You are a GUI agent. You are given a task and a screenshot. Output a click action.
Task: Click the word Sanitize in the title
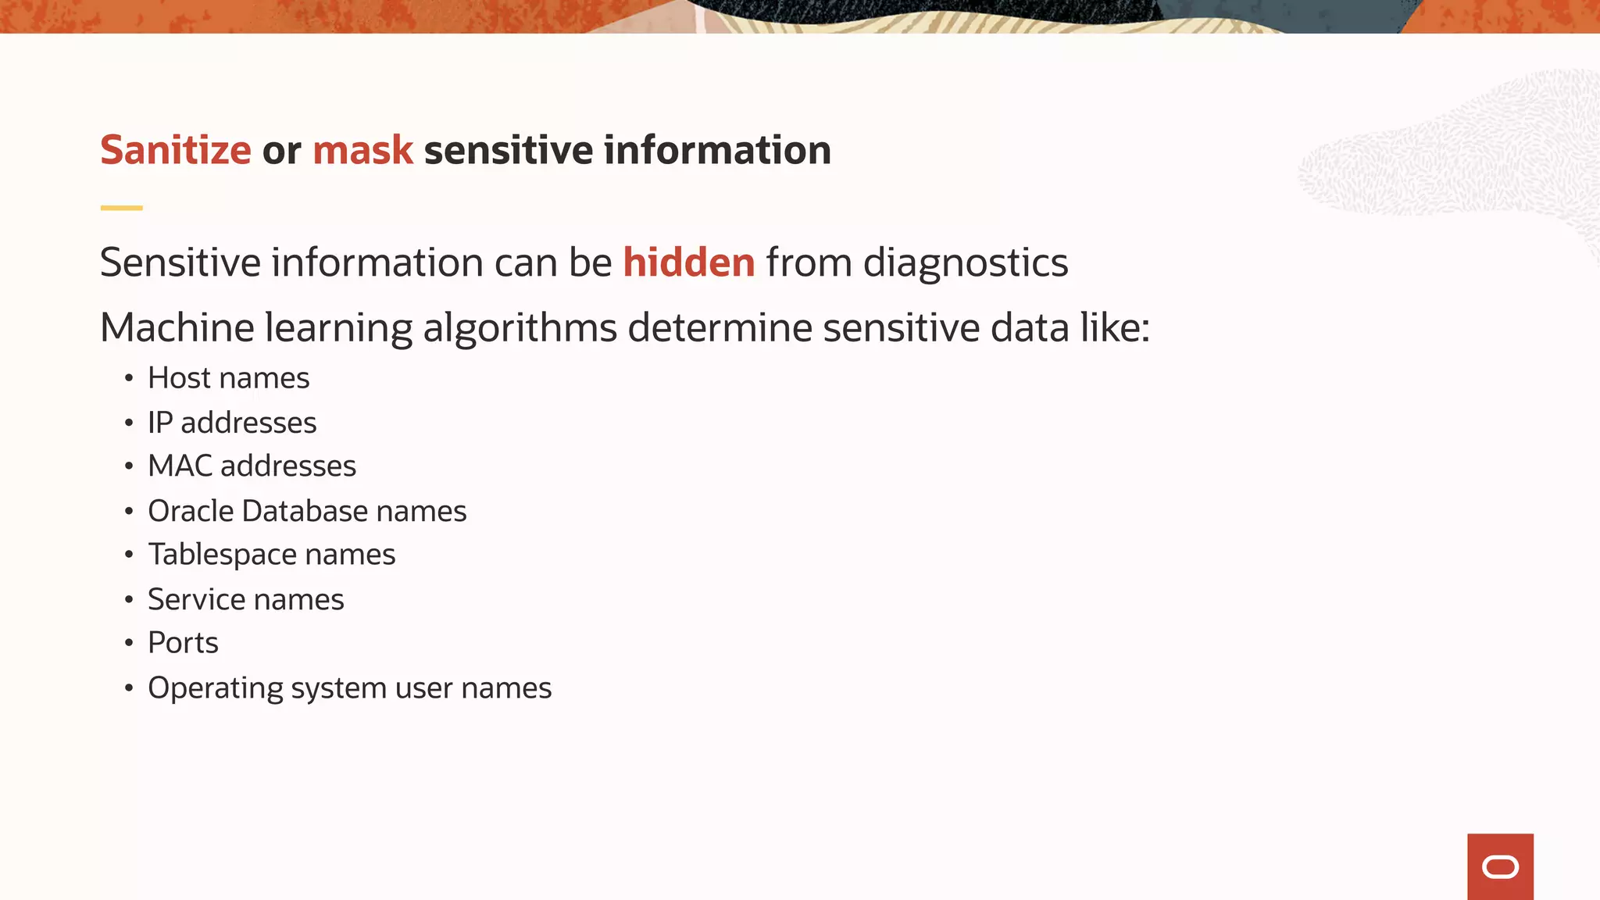tap(176, 150)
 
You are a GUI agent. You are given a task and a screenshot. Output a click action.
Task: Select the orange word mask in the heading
tap(362, 150)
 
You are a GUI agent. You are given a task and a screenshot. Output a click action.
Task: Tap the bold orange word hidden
tap(688, 262)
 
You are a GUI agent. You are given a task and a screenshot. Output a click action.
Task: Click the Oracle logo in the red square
tap(1500, 867)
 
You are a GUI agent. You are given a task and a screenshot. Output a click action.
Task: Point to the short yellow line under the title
tap(121, 208)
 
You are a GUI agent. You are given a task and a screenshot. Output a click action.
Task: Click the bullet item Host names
tap(228, 378)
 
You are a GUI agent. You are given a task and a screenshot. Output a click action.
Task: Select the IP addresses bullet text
tap(232, 423)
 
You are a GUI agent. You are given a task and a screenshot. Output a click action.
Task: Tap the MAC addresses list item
tap(252, 466)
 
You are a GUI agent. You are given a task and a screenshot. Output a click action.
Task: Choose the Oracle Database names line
tap(307, 511)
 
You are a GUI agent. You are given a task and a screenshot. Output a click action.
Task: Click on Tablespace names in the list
tap(271, 555)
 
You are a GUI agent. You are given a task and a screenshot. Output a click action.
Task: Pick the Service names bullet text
tap(245, 600)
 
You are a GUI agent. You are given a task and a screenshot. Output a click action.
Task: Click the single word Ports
tap(183, 643)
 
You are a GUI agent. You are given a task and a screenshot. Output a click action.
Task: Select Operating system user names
tap(349, 688)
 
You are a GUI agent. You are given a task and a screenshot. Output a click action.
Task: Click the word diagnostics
tap(965, 262)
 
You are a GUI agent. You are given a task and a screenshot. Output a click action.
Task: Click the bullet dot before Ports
tap(129, 644)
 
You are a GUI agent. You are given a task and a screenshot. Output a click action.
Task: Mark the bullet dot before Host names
tap(129, 379)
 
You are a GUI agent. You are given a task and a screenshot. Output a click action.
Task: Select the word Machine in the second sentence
tap(177, 328)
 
